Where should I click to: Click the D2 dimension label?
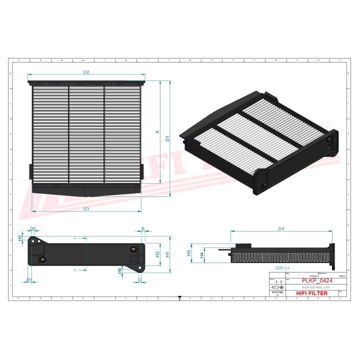click(86, 72)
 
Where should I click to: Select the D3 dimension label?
click(86, 208)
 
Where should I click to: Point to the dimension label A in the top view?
click(157, 132)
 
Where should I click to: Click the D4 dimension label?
click(281, 228)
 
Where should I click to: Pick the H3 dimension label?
click(189, 253)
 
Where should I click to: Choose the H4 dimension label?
click(201, 255)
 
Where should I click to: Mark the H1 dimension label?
click(168, 254)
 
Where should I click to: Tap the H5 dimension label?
click(20, 238)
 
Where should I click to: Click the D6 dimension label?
click(33, 228)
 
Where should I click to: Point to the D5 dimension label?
click(29, 280)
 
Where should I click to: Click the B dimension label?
click(142, 228)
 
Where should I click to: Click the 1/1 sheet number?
click(276, 282)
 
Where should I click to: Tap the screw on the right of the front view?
click(132, 250)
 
